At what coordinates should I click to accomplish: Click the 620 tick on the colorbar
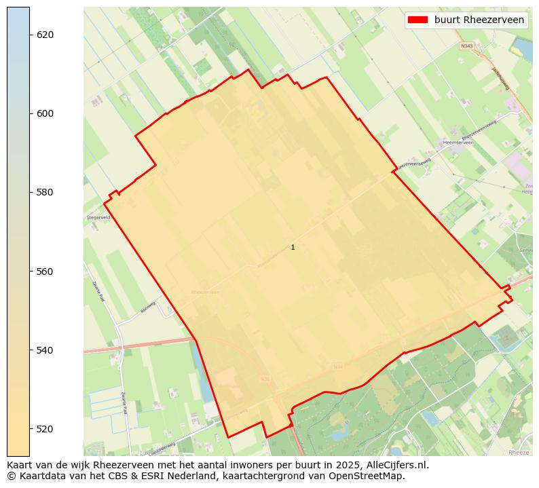(44, 35)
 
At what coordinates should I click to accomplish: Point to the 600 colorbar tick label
(44, 113)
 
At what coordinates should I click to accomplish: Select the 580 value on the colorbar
(44, 192)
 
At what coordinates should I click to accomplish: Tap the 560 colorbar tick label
(44, 271)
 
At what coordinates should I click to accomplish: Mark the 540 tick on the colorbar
(44, 350)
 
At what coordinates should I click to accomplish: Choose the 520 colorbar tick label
(44, 429)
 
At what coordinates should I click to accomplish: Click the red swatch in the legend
(417, 20)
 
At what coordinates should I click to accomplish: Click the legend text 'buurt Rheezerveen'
(479, 20)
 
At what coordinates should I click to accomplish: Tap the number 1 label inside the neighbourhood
(293, 248)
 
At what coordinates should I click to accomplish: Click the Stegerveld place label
(98, 217)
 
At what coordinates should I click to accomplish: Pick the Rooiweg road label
(148, 307)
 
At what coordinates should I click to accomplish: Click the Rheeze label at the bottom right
(518, 452)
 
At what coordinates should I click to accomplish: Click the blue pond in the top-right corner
(523, 48)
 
